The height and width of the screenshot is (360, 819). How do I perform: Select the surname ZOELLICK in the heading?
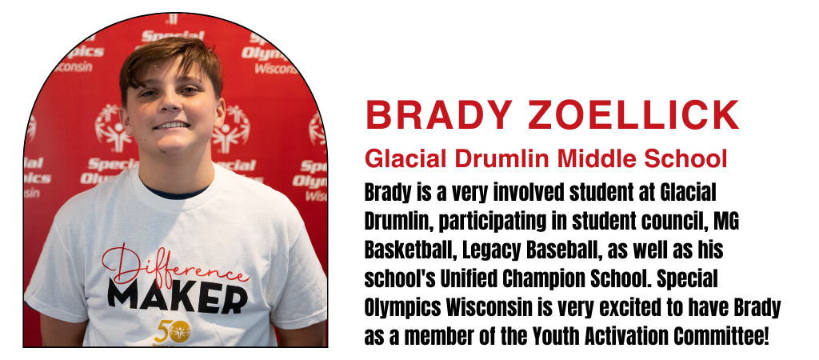coord(633,114)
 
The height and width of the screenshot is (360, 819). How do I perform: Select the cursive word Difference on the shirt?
coord(173,267)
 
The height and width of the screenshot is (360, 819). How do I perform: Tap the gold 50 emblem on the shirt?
coord(173,330)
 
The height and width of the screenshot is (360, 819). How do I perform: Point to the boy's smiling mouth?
coord(171,126)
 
